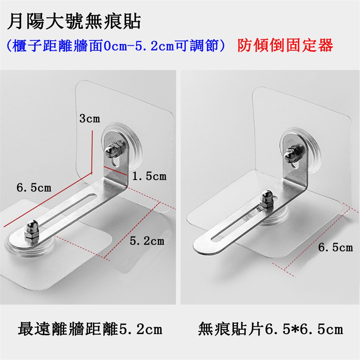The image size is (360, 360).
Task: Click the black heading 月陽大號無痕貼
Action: point(74,22)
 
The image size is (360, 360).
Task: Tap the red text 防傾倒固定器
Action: point(285,45)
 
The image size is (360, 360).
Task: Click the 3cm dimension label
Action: point(90,119)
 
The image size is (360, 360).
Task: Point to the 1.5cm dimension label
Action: point(149,176)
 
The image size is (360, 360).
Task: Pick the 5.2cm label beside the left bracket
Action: point(147,241)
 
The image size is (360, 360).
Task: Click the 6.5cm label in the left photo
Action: point(34,187)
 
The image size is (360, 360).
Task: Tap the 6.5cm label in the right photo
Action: point(335,247)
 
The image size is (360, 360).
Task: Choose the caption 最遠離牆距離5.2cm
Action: point(90,329)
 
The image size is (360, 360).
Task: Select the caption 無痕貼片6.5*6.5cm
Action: point(270,329)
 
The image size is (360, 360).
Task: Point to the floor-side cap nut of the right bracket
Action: point(267,199)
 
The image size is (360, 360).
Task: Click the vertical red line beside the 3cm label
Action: point(92,152)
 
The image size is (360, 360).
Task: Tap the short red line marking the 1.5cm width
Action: point(115,171)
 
